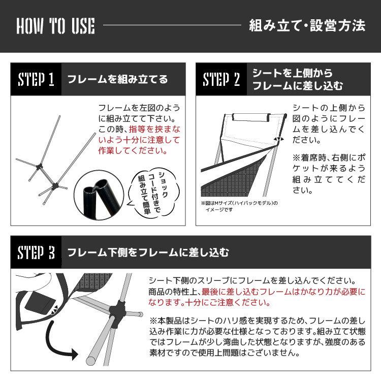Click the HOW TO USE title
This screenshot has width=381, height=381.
click(55, 26)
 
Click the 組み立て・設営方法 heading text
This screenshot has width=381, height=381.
click(307, 26)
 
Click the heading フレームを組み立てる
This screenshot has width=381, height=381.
click(117, 80)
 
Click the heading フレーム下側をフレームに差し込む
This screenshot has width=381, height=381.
click(148, 252)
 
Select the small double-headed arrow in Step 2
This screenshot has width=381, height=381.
click(278, 139)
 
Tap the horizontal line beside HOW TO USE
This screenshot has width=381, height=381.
click(172, 26)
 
